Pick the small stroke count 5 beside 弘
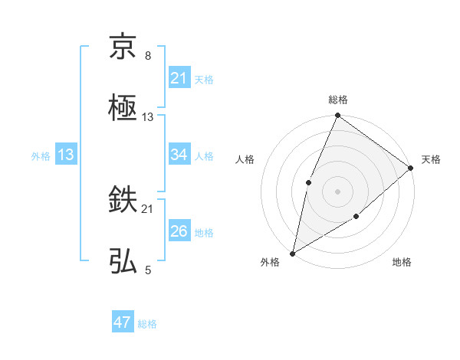coord(148,270)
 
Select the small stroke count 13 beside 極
coord(148,116)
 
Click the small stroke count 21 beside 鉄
coord(148,208)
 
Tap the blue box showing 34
coord(179,155)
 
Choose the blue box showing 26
coord(179,231)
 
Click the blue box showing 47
coord(123,322)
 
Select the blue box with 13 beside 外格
coord(66,155)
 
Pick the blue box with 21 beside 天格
coord(179,78)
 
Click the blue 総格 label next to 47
coord(147,324)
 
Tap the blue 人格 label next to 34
coord(204,155)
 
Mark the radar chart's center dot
coord(337,191)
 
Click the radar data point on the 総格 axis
coord(337,116)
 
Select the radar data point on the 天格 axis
coord(410,168)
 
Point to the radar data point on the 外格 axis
coord(292,253)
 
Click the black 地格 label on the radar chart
coord(402,263)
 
